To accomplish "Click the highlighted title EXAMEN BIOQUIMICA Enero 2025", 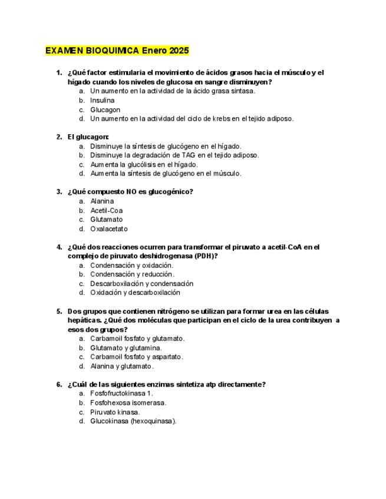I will pos(117,51).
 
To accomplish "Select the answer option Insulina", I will pos(103,100).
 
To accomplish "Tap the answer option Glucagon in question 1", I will pos(105,109).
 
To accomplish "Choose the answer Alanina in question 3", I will pos(102,201).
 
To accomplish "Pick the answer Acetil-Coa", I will pos(106,210).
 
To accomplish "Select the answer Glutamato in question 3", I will pos(106,219).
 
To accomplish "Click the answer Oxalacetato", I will pos(108,229).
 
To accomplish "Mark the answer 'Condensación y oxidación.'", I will pos(131,265).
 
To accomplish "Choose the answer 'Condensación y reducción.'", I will pos(132,274).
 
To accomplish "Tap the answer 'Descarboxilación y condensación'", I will pos(141,284).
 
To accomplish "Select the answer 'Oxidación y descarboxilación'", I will pos(135,292).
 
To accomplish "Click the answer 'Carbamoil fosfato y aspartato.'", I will pos(137,357).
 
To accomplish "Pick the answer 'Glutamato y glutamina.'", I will pos(126,348).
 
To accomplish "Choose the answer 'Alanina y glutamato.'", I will pos(121,366).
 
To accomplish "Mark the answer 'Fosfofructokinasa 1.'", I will pos(121,394).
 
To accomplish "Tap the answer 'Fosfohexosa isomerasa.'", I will pos(128,402).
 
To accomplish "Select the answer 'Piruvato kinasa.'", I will pos(115,412).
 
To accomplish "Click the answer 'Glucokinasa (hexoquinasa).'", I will pos(133,421).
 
